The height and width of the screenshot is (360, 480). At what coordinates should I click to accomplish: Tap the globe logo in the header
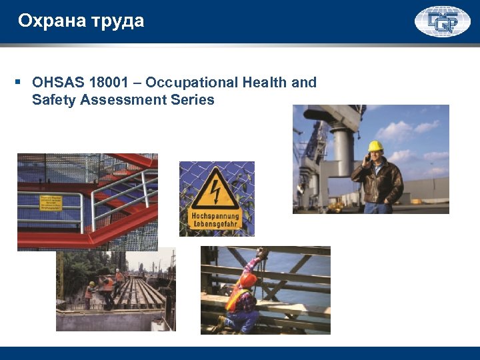442,21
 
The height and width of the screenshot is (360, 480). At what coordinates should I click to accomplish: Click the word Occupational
191,83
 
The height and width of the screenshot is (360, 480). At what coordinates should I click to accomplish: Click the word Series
193,100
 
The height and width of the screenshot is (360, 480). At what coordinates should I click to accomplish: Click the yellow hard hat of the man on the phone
376,146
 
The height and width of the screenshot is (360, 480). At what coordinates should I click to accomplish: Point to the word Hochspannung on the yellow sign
215,216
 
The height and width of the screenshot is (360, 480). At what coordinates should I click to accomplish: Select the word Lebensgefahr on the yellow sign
215,225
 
